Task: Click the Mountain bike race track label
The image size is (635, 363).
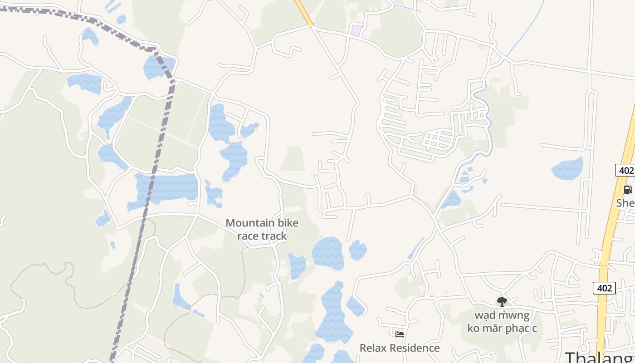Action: pyautogui.click(x=262, y=229)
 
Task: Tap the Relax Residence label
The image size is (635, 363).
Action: pyautogui.click(x=399, y=348)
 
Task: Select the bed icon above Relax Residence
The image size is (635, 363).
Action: pyautogui.click(x=399, y=334)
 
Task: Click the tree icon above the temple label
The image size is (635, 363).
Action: pyautogui.click(x=502, y=301)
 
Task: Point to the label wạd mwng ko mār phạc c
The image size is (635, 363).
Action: pyautogui.click(x=502, y=321)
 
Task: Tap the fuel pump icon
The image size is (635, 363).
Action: pyautogui.click(x=628, y=190)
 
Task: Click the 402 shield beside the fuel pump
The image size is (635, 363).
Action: pyautogui.click(x=625, y=171)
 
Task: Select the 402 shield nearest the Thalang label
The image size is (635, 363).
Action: pyautogui.click(x=604, y=288)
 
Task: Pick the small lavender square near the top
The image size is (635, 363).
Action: pyautogui.click(x=357, y=31)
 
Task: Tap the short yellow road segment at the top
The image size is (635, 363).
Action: pyautogui.click(x=304, y=13)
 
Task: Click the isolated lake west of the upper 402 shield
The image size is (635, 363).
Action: pyautogui.click(x=567, y=169)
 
